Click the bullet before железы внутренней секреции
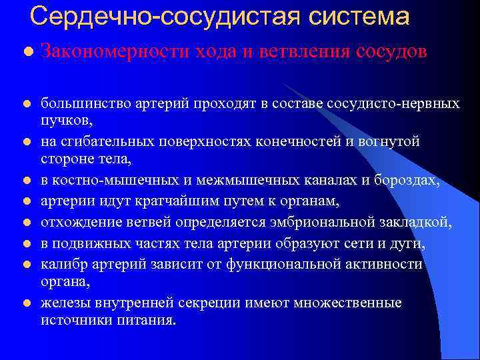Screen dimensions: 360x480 click(x=25, y=303)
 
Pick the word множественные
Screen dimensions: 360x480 click(x=351, y=303)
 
